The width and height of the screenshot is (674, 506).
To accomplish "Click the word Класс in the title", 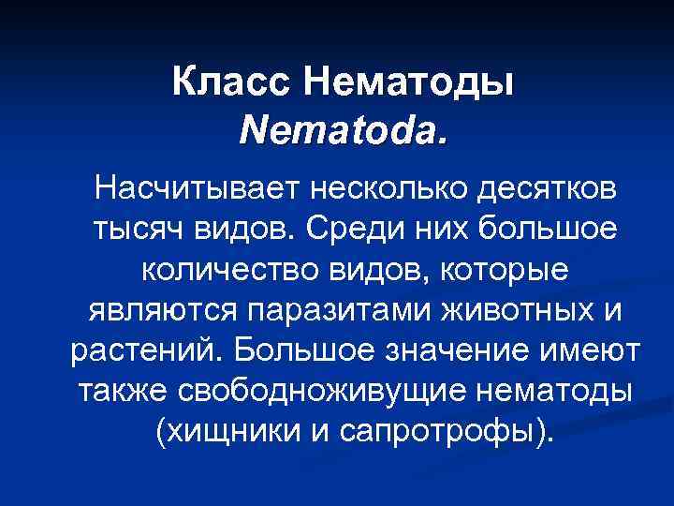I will pyautogui.click(x=232, y=83).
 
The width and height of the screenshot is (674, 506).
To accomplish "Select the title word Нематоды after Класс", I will pyautogui.click(x=408, y=83).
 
